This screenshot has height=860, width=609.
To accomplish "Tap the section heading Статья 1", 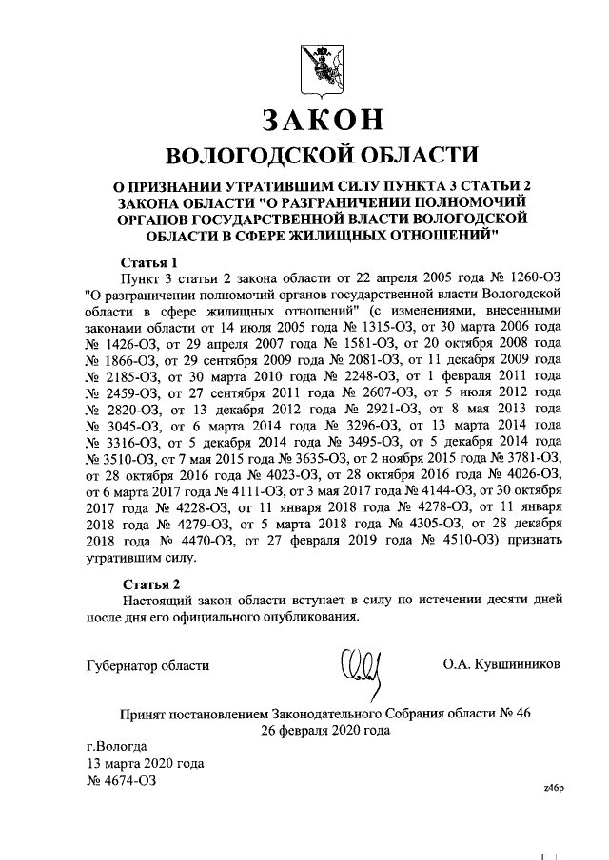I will coord(150,260).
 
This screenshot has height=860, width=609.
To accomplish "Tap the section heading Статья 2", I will coord(150,583).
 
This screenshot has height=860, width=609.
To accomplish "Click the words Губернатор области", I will coord(147,663).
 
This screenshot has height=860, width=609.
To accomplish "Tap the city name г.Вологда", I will coord(116,746).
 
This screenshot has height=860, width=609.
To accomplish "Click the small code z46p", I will coord(553,788).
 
